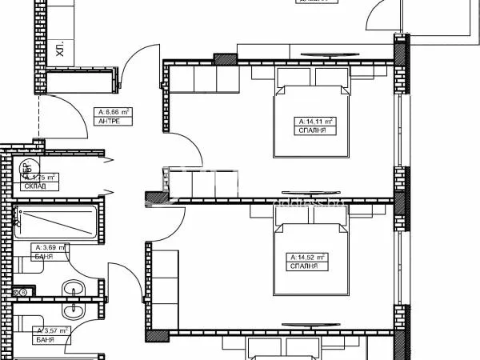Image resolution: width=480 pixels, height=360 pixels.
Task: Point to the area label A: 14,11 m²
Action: pyautogui.click(x=313, y=122)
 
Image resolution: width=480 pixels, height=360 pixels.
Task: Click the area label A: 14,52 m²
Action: pyautogui.click(x=308, y=257)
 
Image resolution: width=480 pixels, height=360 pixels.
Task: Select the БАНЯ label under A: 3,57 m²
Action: pyautogui.click(x=43, y=340)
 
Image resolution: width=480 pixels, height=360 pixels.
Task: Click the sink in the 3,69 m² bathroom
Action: pyautogui.click(x=74, y=290)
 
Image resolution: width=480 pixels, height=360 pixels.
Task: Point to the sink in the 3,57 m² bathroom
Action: pyautogui.click(x=76, y=312)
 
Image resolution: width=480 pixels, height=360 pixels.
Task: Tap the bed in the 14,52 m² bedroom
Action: pyautogui.click(x=312, y=256)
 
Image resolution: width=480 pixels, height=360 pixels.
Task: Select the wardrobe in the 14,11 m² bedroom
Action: pyautogui.click(x=207, y=79)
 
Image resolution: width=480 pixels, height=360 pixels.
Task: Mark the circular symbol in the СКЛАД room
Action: pyautogui.click(x=25, y=168)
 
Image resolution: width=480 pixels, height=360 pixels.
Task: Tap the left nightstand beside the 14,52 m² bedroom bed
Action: pyautogui.click(x=262, y=211)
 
